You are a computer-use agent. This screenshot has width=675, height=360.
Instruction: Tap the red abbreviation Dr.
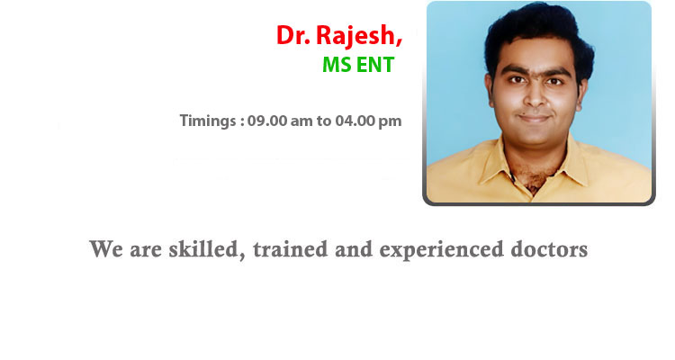pyautogui.click(x=293, y=35)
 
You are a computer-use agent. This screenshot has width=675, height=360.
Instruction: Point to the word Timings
pyautogui.click(x=208, y=121)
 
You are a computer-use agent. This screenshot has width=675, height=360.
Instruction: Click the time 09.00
pyautogui.click(x=267, y=121)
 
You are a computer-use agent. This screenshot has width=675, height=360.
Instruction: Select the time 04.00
pyautogui.click(x=355, y=121)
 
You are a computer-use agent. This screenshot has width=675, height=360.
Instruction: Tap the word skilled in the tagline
pyautogui.click(x=203, y=249)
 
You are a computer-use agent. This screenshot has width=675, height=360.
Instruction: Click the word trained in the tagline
pyautogui.click(x=291, y=249)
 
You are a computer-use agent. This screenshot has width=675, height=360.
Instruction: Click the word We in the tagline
pyautogui.click(x=106, y=249)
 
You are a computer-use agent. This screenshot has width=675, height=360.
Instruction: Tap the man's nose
pyautogui.click(x=535, y=99)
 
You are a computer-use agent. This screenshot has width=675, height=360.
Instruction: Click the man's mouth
pyautogui.click(x=534, y=118)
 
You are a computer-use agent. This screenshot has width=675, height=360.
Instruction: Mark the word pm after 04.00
pyautogui.click(x=390, y=121)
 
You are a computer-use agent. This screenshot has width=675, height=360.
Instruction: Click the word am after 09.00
pyautogui.click(x=301, y=121)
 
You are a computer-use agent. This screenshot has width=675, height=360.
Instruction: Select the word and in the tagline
pyautogui.click(x=354, y=249)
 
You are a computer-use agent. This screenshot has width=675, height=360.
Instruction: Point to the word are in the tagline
pyautogui.click(x=146, y=251)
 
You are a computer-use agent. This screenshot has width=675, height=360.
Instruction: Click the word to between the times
pyautogui.click(x=324, y=121)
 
